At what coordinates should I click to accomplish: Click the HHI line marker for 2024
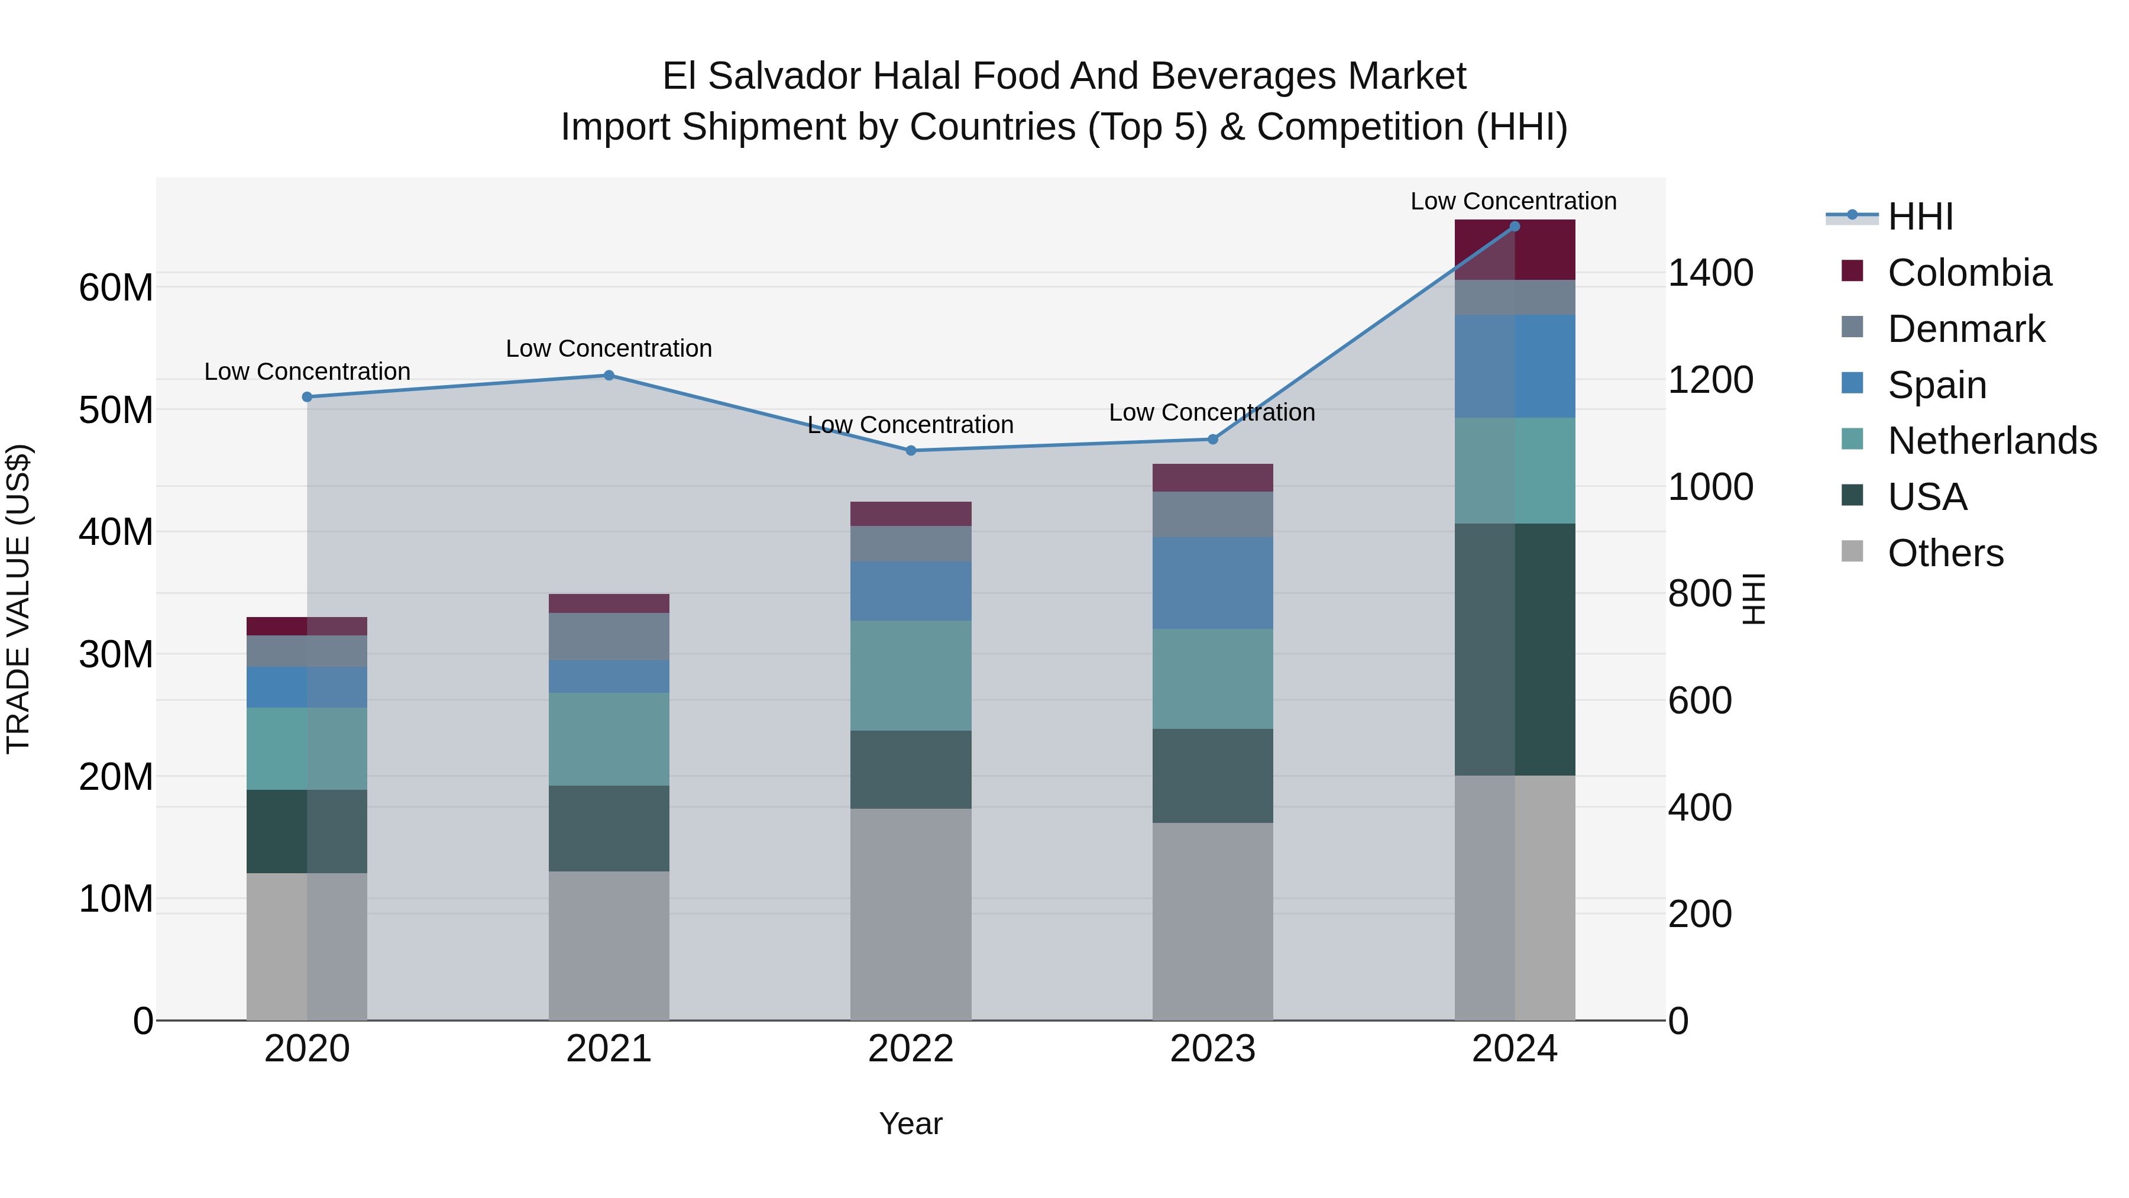[1514, 226]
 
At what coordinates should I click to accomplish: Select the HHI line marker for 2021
[609, 375]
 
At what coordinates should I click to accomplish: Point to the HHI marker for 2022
[911, 451]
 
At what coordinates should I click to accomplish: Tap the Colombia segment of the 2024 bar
[1514, 250]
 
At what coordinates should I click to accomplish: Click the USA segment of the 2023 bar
[1212, 776]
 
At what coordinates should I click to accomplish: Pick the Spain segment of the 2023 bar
[1212, 583]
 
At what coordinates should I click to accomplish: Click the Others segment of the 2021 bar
[609, 945]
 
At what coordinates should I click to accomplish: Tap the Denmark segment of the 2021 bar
[609, 636]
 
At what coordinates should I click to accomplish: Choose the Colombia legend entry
[1969, 273]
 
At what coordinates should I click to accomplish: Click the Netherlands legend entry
[1992, 441]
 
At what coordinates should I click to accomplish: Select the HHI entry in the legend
[1920, 217]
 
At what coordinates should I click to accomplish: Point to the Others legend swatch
[1852, 551]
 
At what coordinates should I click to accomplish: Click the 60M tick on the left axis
[116, 288]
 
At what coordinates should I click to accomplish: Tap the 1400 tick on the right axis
[1710, 273]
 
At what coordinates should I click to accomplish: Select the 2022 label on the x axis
[911, 1049]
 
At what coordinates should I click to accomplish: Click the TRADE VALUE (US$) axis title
[18, 599]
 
